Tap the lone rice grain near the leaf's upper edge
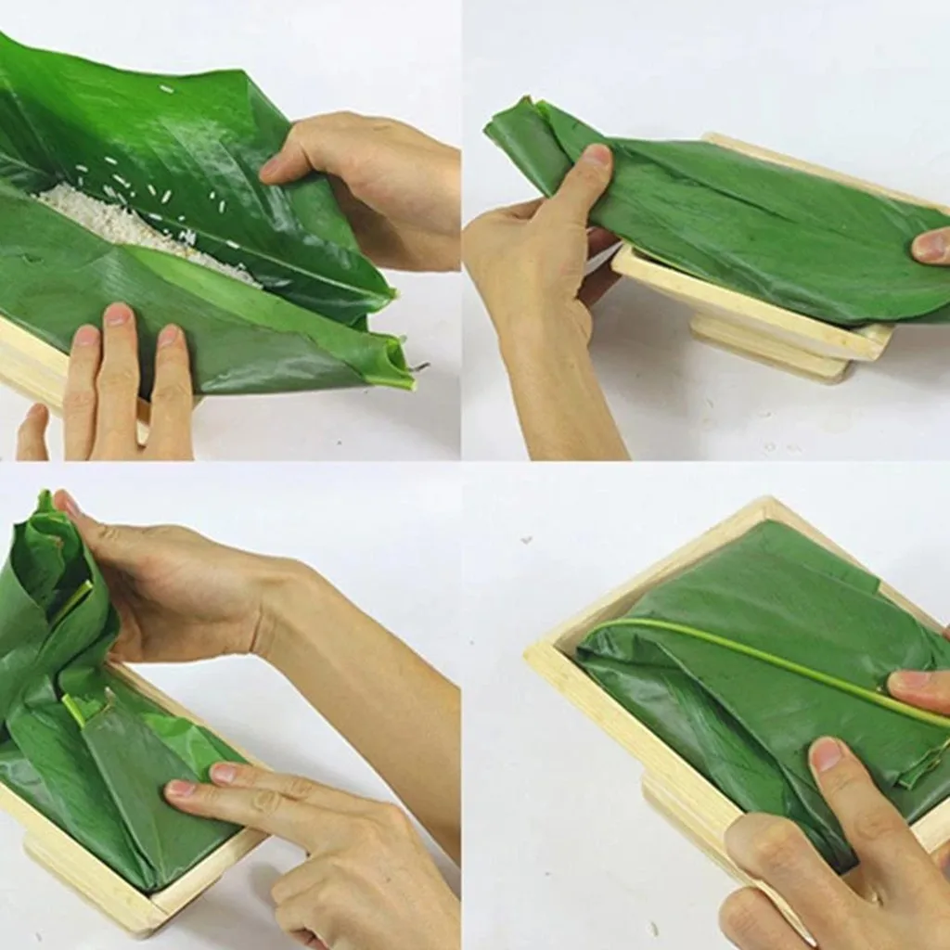point(167,89)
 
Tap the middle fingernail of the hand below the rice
point(118,315)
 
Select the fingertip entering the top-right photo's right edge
point(930,246)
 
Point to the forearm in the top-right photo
point(557,390)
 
